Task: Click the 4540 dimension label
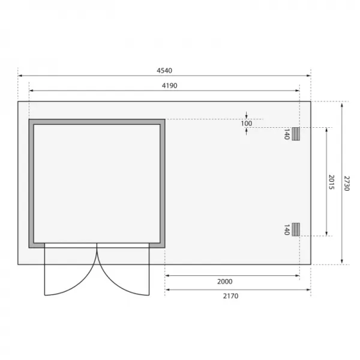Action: (x=164, y=70)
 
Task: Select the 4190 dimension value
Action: (x=169, y=86)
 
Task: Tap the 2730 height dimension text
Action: (x=347, y=183)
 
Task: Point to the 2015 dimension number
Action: (x=331, y=182)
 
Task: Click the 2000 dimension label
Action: (x=225, y=281)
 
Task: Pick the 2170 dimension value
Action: (x=230, y=296)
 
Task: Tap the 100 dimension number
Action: (x=247, y=124)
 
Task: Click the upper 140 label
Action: (x=287, y=134)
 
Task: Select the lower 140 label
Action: (x=287, y=230)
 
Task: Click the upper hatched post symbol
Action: (x=296, y=134)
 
